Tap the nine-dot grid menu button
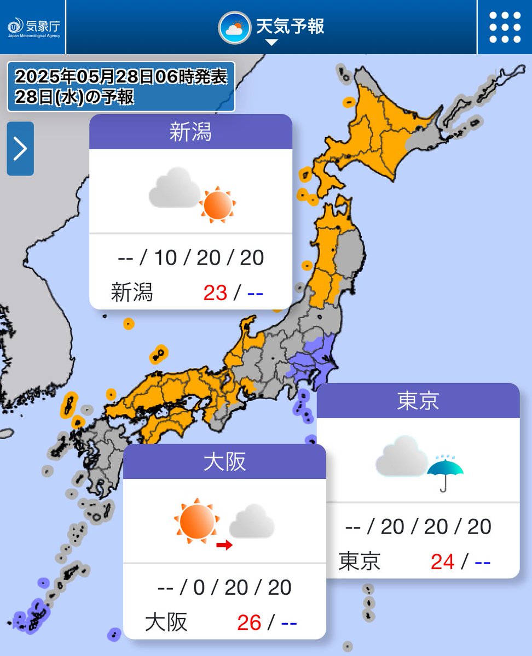coord(505,27)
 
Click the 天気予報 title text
coord(290,26)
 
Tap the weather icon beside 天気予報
coord(235,27)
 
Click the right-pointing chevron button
coord(20,149)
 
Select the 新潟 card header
coord(190,132)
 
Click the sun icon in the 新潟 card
coord(217,205)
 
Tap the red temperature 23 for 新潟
coord(215,293)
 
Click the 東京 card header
coord(418,401)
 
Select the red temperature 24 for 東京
coord(442,561)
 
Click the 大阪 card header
coord(224,462)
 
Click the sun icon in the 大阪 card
coord(196,520)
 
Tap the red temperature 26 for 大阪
coord(249,622)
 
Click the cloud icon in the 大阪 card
coord(252,520)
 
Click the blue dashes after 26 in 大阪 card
coord(288,622)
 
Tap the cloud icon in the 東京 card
coord(401,456)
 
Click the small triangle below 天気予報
coord(272,43)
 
